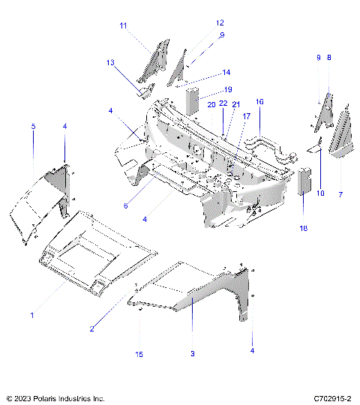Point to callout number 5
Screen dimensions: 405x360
pyautogui.click(x=33, y=127)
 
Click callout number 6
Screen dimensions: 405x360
pyautogui.click(x=125, y=205)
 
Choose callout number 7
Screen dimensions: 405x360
pyautogui.click(x=341, y=194)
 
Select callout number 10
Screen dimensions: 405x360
pyautogui.click(x=321, y=194)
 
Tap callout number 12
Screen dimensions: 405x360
pyautogui.click(x=199, y=23)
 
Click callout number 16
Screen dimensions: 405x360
pyautogui.click(x=259, y=101)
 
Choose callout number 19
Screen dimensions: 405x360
pyautogui.click(x=208, y=90)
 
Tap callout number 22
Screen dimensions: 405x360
pyautogui.click(x=224, y=104)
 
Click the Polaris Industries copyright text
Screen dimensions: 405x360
pyautogui.click(x=55, y=397)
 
